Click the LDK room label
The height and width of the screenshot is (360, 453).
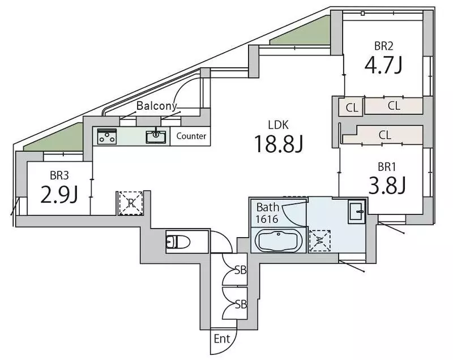point(278,125)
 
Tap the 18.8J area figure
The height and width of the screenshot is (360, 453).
point(279,144)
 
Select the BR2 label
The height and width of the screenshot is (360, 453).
point(384,46)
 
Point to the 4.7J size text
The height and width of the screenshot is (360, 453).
point(383,65)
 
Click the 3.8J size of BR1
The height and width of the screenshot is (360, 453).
point(387,185)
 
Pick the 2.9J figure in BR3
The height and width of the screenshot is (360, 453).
point(59,194)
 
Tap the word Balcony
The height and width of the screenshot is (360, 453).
point(156,106)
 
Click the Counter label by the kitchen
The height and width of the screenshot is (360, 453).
point(191,136)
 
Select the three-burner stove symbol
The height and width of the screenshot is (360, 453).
point(107,136)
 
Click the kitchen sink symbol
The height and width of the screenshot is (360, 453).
point(156,136)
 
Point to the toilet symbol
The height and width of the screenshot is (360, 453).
point(178,242)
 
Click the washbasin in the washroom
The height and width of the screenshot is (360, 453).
point(356,211)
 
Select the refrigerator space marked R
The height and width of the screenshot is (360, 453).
point(131,203)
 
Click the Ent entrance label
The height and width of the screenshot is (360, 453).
point(222,338)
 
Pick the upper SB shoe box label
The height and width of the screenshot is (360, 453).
point(240,270)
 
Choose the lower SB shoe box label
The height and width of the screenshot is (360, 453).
point(241,305)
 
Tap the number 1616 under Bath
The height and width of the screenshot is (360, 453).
point(267,219)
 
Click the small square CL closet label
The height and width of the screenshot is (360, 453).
point(352,108)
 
